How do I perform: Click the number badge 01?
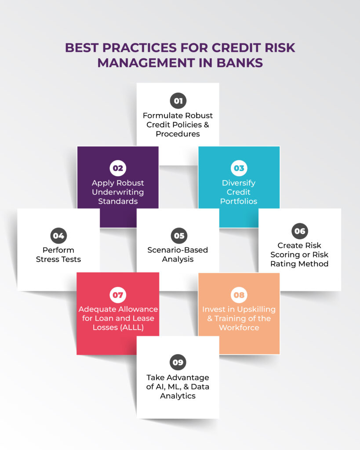click(178, 101)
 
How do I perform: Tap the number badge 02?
click(118, 168)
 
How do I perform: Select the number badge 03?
click(239, 168)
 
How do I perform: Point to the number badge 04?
click(58, 236)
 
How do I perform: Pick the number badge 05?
click(178, 236)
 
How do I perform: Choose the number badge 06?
click(300, 231)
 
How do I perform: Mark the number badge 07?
click(118, 295)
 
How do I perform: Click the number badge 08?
click(239, 295)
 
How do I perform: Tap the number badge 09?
click(178, 363)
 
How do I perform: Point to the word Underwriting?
click(118, 192)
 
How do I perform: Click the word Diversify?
click(239, 183)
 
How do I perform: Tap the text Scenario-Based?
click(178, 250)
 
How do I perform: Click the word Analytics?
click(178, 396)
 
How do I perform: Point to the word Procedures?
click(178, 134)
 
